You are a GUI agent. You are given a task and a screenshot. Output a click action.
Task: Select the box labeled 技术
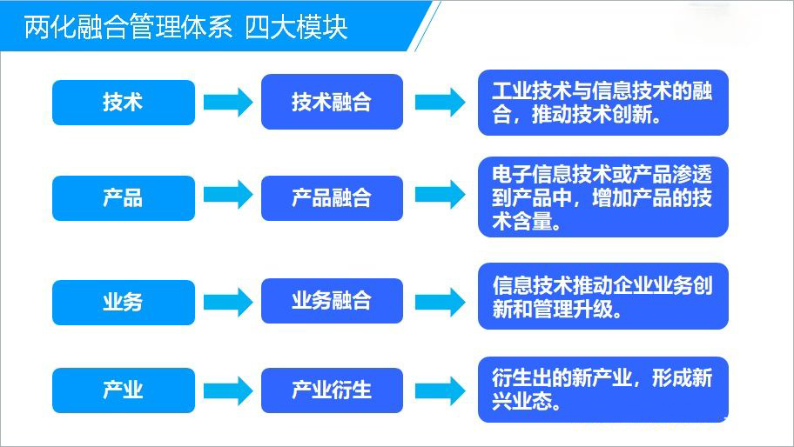[x=124, y=103]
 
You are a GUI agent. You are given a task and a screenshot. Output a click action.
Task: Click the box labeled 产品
[x=124, y=198]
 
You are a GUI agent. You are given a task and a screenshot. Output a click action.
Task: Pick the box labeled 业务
[x=124, y=302]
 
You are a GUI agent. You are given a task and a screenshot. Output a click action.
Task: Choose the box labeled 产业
[x=124, y=390]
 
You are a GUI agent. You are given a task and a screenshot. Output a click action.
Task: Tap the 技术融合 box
[x=332, y=103]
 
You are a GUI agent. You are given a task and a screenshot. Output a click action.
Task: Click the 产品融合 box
[x=332, y=198]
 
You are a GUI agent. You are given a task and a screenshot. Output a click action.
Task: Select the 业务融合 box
[x=332, y=301]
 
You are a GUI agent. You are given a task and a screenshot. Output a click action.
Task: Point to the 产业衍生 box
[x=332, y=390]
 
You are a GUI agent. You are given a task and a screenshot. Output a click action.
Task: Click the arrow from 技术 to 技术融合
[x=228, y=103]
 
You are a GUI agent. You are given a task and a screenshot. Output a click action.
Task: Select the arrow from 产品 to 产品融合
[x=228, y=195]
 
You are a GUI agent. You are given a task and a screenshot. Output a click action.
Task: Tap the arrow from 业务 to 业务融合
[x=228, y=302]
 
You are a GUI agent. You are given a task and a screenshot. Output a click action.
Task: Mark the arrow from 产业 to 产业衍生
[x=228, y=390]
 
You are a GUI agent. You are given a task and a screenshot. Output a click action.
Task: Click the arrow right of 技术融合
[x=440, y=103]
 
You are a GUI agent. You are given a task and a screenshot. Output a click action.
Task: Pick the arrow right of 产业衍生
[x=440, y=390]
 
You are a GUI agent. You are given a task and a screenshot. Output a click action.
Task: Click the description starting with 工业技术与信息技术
[x=602, y=103]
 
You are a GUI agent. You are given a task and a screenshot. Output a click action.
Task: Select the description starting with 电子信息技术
[x=602, y=197]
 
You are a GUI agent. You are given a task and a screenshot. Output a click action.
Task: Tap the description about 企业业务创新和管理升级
[x=602, y=297]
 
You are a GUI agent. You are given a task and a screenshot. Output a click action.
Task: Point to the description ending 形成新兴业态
[x=602, y=390]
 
